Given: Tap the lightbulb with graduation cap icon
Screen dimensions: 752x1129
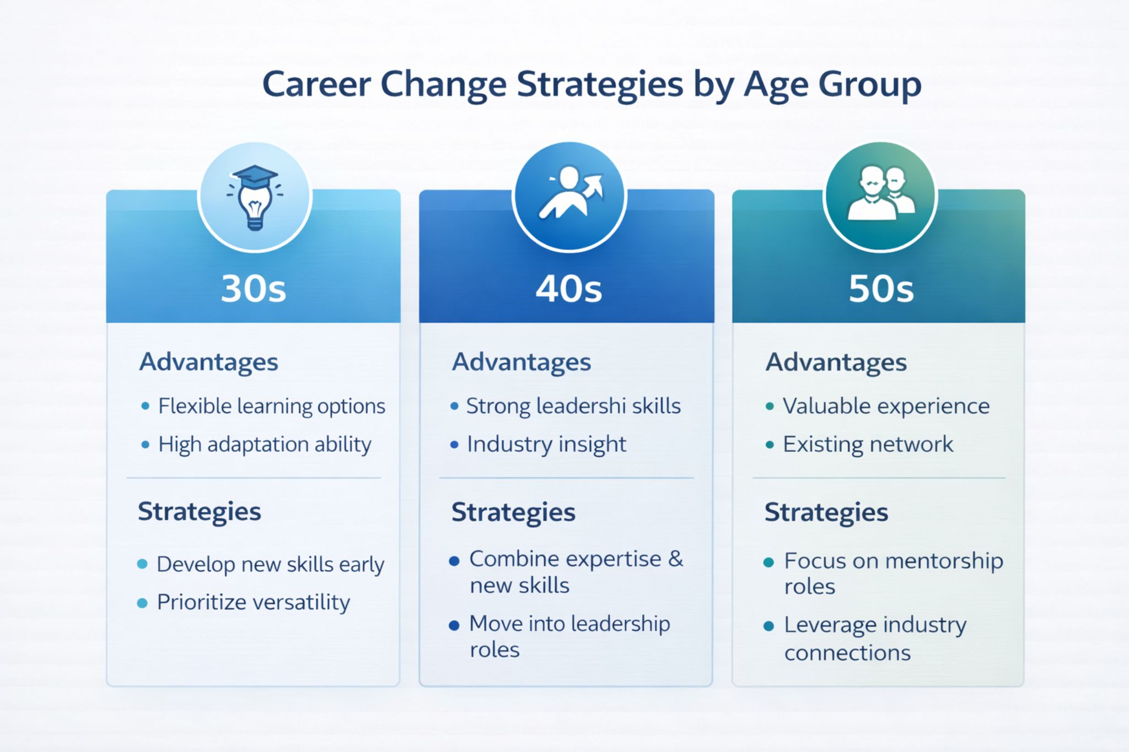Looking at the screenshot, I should tap(255, 197).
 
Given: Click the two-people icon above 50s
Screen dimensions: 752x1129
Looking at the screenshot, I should tap(880, 196).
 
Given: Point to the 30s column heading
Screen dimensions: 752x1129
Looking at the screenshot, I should tap(254, 288).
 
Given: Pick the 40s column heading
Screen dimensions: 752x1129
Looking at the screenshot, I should tap(568, 289).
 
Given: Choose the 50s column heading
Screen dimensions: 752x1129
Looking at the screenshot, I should tap(881, 289).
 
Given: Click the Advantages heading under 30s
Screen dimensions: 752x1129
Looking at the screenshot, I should tap(208, 362).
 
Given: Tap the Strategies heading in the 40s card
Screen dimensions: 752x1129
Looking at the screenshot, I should tap(513, 512).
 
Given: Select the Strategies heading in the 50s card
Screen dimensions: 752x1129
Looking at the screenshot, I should tap(826, 512).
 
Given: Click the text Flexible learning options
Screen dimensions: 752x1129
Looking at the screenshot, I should tap(271, 407).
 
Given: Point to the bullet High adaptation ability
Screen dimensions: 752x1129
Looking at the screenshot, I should tap(265, 445).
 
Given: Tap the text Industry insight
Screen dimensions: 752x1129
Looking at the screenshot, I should tap(546, 445).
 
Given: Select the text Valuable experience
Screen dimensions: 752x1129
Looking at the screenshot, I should tap(886, 407).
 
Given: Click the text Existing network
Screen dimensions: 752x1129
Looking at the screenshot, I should tap(868, 445).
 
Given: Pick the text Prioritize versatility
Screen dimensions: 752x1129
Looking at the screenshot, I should tap(253, 602).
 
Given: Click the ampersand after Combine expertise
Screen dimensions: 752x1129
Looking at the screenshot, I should tap(675, 559).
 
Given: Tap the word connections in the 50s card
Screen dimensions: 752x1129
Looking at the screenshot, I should tap(847, 653).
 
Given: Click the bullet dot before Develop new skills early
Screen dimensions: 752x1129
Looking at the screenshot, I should tap(142, 564).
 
